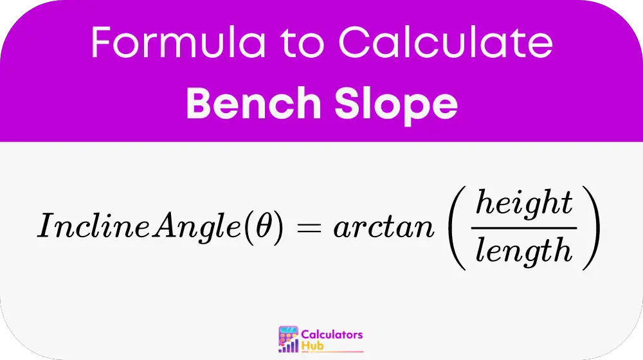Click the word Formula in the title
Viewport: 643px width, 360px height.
click(x=178, y=42)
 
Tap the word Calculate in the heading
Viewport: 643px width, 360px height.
click(x=446, y=41)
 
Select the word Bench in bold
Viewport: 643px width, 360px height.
click(x=253, y=103)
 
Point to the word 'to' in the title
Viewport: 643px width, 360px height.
click(x=302, y=44)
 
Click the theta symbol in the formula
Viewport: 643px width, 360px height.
click(x=264, y=225)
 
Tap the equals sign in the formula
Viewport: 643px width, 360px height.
click(x=309, y=227)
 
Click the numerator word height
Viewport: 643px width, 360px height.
click(x=524, y=204)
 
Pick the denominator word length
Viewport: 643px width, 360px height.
click(x=523, y=251)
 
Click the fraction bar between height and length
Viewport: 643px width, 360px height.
click(x=524, y=228)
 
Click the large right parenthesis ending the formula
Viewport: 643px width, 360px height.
click(x=592, y=228)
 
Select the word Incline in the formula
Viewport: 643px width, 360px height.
click(x=94, y=225)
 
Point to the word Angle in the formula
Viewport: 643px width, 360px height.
click(x=197, y=227)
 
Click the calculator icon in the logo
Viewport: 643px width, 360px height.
click(x=288, y=339)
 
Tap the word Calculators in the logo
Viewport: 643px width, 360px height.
click(x=332, y=334)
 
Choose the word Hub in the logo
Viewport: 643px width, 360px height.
click(x=312, y=346)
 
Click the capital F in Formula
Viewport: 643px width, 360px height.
click(x=101, y=42)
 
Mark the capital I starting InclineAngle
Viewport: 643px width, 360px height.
click(x=46, y=225)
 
